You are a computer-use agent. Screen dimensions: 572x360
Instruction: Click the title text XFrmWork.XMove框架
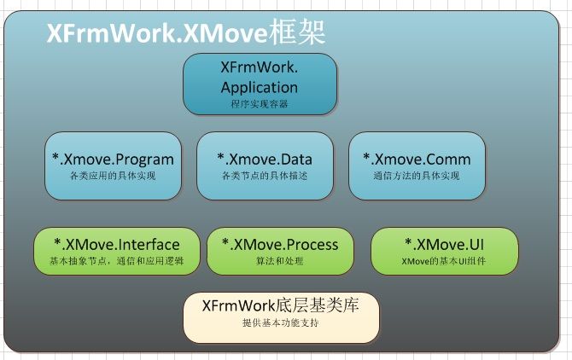coord(185,32)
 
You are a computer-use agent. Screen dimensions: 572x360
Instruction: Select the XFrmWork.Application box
coord(260,84)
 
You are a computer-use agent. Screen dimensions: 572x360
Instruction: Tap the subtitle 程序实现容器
coord(260,104)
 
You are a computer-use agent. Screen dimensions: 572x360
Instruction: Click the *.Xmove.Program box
coord(113,165)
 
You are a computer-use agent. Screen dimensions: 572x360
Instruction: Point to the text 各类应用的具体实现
coord(113,176)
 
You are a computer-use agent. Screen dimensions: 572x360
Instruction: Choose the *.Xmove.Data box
coord(265,165)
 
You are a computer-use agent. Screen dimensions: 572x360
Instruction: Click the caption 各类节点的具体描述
coord(265,176)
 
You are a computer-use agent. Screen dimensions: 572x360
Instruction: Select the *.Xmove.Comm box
coord(417,165)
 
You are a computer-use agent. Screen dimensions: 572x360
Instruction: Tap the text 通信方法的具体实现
coord(417,176)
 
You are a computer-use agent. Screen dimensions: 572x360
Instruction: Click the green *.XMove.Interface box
coord(117,251)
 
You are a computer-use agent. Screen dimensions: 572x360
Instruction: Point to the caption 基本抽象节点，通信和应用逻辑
coord(117,261)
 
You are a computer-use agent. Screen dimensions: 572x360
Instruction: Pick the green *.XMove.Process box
coord(280,251)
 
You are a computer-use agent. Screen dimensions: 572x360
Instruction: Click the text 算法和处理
coord(280,261)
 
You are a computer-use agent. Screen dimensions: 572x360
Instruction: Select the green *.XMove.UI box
coord(445,251)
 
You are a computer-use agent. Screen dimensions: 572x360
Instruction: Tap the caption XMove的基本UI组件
coord(444,261)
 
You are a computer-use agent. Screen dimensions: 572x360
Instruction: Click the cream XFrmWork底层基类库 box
coord(281,317)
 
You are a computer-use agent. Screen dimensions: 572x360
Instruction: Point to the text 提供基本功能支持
coord(281,322)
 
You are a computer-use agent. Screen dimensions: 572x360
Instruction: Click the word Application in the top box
coord(260,88)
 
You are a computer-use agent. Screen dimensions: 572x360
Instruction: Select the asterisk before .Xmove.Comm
coord(366,157)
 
